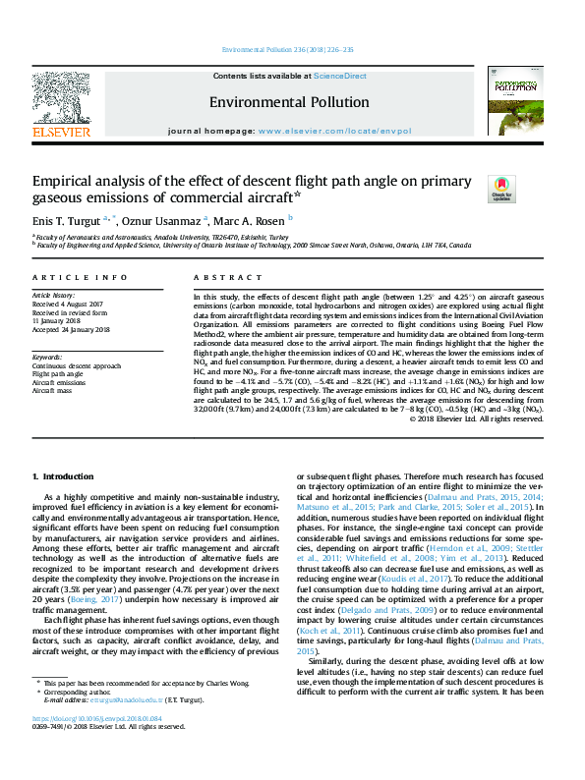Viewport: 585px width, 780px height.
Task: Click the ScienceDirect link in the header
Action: [340, 76]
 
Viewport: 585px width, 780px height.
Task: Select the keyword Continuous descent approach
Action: [74, 365]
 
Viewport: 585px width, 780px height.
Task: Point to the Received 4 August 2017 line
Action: [69, 303]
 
